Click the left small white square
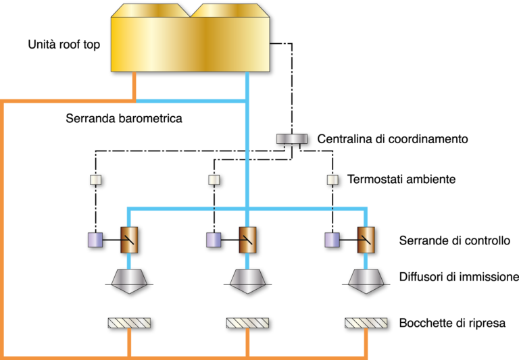[x=95, y=180]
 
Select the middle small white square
[x=214, y=180]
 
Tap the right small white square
[x=332, y=180]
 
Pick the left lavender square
[x=95, y=240]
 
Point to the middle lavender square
[x=214, y=240]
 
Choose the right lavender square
[x=332, y=240]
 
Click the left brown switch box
[x=129, y=240]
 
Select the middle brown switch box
[x=247, y=240]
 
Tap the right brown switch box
[x=366, y=240]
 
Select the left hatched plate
[x=129, y=323]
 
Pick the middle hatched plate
[x=247, y=323]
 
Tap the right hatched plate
[x=366, y=323]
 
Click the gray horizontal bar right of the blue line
[x=291, y=138]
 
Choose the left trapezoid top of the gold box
[x=150, y=10]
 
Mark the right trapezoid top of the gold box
[x=230, y=10]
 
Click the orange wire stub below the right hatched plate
[x=366, y=342]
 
